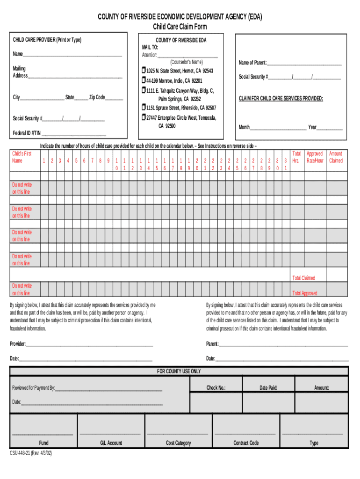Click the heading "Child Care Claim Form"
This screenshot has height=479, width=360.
coord(180,27)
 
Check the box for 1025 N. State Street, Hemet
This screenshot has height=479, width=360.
coord(144,71)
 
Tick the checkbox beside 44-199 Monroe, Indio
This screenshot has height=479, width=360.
coord(144,80)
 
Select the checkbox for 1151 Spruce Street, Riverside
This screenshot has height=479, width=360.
coord(144,108)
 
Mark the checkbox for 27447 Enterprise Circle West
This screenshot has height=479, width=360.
coord(144,118)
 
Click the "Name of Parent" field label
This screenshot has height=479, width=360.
coord(252,63)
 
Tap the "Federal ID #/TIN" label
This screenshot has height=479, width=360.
coord(26,133)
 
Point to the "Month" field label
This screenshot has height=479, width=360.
coord(245,127)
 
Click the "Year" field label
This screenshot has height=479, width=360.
coord(312,127)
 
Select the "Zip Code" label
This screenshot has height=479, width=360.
coord(97,97)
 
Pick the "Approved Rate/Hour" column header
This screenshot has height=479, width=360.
coord(315,157)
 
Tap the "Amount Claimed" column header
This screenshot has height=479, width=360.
coord(336,157)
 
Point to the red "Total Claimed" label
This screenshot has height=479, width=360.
coord(304,278)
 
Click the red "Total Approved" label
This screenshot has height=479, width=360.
coord(304,293)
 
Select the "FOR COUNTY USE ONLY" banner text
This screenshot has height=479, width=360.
coord(179,371)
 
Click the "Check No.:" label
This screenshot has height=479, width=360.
coord(216,388)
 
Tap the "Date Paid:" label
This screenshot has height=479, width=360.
coord(269,388)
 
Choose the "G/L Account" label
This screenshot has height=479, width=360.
coord(111,443)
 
